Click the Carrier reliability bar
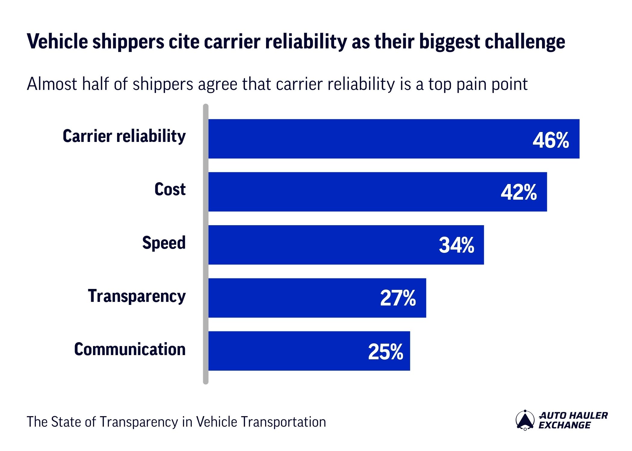click(361, 139)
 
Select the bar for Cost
click(346, 192)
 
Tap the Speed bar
click(316, 245)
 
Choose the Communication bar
click(280, 351)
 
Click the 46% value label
click(551, 140)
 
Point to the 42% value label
click(519, 192)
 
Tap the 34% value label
click(456, 245)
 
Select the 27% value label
click(398, 298)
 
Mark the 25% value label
click(386, 352)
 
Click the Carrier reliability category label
click(124, 136)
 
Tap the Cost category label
click(170, 189)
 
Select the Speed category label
click(164, 243)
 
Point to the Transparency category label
click(137, 296)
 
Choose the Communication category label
click(130, 349)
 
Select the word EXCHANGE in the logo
click(564, 425)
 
